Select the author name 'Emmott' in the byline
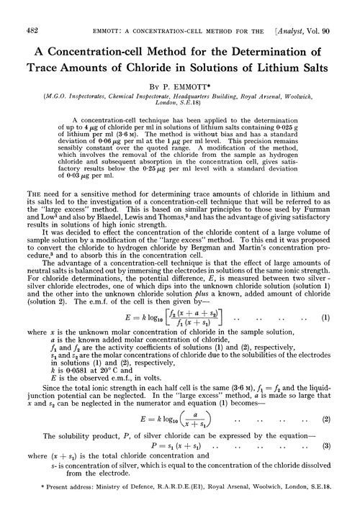click(197, 72)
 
